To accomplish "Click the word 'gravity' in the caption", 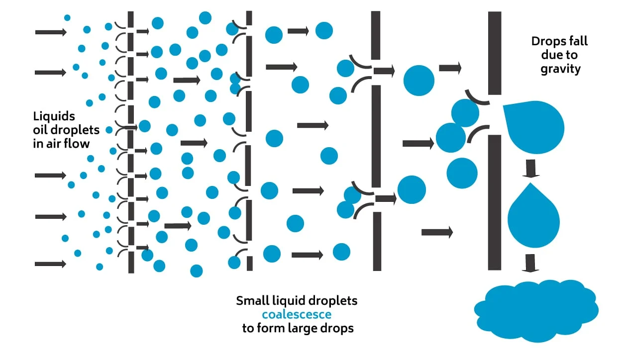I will (x=560, y=69).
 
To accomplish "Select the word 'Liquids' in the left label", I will (x=54, y=117).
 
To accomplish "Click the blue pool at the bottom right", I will (x=535, y=311).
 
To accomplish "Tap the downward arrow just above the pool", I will (x=530, y=263).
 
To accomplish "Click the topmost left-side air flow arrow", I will (x=50, y=32).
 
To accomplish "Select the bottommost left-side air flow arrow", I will (x=50, y=264).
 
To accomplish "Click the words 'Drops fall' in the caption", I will (x=559, y=41).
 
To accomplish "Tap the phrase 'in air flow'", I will (x=61, y=144).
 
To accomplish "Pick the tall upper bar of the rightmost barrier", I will (x=494, y=53).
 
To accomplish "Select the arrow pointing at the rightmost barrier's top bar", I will (x=449, y=68).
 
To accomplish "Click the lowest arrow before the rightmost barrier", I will (x=436, y=232).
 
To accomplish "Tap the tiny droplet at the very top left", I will (x=67, y=18).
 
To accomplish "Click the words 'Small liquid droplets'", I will (x=297, y=301).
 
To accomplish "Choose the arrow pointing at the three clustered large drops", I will (x=417, y=144).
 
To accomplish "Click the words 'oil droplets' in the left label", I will (x=66, y=130).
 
